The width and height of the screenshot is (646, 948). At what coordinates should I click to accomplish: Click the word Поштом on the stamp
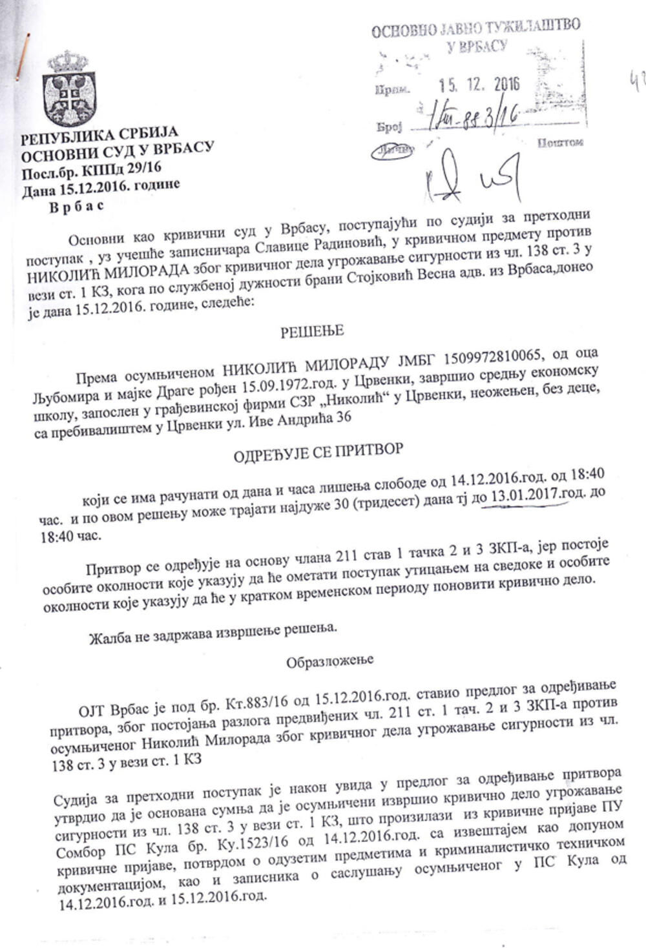pyautogui.click(x=560, y=143)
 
